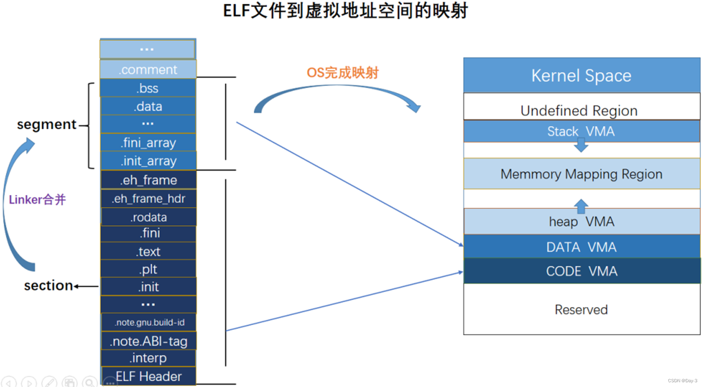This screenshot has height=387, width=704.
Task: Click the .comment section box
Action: point(148,70)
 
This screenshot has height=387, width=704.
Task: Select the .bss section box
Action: point(148,88)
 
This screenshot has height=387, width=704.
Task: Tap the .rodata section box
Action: point(148,217)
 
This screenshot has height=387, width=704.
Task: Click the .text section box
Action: point(148,251)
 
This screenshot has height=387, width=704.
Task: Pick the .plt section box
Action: point(148,269)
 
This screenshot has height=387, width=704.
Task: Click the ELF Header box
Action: point(148,376)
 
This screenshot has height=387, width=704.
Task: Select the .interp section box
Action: point(148,358)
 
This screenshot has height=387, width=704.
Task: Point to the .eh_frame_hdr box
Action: point(148,198)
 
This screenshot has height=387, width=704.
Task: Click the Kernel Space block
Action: point(581,75)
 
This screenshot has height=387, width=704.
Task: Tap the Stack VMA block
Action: point(581,131)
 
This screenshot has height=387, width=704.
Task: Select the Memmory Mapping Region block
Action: point(581,174)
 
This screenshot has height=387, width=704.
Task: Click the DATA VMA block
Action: point(581,247)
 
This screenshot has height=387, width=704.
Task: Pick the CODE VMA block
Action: point(581,271)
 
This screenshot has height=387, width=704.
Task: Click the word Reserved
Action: point(581,310)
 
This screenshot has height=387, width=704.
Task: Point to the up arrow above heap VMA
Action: point(581,206)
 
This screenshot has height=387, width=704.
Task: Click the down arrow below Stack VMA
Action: point(581,145)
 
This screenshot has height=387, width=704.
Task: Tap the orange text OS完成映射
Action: point(342,73)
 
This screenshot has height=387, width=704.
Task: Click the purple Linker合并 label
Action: point(37,199)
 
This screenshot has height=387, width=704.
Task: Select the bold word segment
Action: point(47,125)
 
